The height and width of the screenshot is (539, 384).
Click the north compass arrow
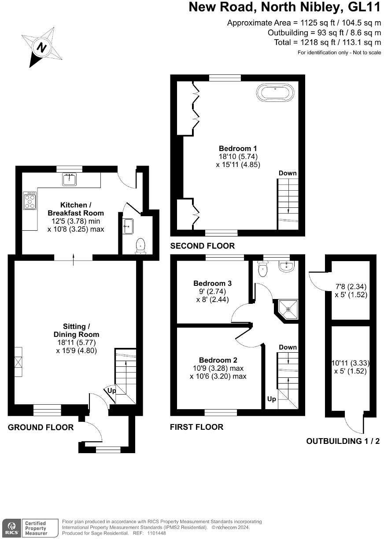click(41, 47)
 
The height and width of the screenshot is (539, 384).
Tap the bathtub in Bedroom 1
click(275, 93)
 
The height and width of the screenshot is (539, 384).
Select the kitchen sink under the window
click(69, 179)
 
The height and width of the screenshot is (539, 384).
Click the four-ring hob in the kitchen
click(30, 200)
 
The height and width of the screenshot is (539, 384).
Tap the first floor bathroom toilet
click(263, 268)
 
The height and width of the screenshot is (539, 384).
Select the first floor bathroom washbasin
click(287, 266)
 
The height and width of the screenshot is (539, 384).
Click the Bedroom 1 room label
click(238, 148)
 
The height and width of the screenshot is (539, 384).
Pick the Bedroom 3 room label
click(212, 283)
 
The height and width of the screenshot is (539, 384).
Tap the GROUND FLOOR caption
click(41, 427)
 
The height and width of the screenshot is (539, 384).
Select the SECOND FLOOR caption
click(203, 246)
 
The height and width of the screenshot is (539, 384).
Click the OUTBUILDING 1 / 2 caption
click(343, 441)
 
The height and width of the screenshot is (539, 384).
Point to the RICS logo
click(12, 528)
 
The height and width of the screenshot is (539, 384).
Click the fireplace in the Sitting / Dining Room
click(18, 362)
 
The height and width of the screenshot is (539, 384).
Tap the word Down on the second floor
click(288, 173)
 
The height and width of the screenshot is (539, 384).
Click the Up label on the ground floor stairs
click(112, 391)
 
